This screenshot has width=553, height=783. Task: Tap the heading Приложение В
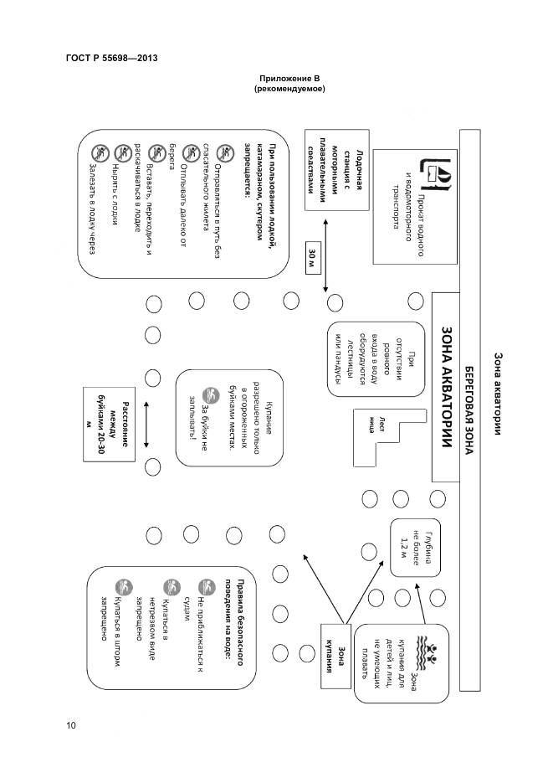pos(291,78)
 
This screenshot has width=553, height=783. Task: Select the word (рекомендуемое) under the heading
pos(290,89)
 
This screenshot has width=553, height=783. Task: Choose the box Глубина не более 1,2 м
pos(415,545)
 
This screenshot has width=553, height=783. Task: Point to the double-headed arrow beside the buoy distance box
pos(146,424)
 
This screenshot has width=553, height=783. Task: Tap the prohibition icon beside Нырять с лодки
pos(122,152)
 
